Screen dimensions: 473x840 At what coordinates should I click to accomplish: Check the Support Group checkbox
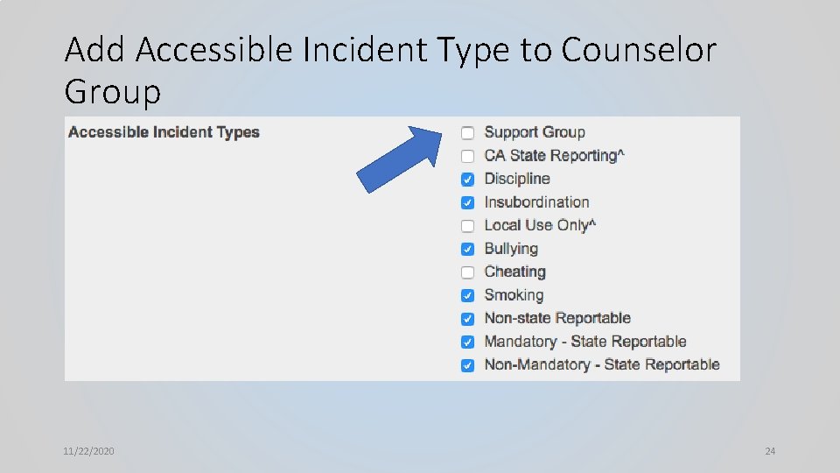coord(468,133)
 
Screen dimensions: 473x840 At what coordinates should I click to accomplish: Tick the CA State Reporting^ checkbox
coord(468,156)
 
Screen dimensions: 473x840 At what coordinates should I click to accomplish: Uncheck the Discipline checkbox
coord(468,180)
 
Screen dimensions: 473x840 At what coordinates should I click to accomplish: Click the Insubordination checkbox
coord(468,202)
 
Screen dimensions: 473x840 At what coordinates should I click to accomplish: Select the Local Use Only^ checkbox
coord(468,226)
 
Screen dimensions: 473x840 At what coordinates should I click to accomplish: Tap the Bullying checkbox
coord(468,249)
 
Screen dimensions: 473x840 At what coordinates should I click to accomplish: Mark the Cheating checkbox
coord(468,272)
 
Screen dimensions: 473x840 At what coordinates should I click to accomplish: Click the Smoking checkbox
coord(468,295)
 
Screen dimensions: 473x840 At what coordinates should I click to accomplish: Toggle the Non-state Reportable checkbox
coord(468,319)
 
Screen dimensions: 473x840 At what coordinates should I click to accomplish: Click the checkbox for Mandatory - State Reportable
coord(468,342)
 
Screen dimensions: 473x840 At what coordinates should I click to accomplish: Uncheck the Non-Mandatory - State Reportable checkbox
coord(468,365)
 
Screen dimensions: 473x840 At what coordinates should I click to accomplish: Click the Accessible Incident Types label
coord(164,132)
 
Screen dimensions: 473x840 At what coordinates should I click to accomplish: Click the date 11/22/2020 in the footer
coord(88,451)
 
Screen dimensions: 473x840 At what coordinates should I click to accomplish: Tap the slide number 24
coord(770,451)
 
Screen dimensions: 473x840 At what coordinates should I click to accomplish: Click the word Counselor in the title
coord(639,51)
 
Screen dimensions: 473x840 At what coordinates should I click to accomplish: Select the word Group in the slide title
coord(113,91)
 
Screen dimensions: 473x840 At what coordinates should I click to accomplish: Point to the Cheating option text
coord(514,272)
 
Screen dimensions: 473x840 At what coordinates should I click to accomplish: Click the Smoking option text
coord(514,295)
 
